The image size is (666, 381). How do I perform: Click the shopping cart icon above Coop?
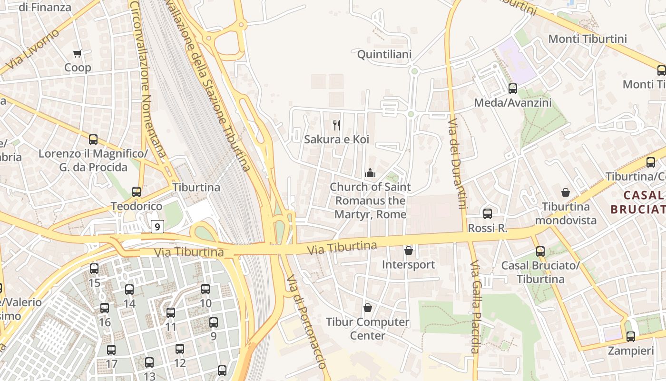[77, 53]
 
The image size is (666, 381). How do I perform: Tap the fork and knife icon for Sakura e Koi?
[337, 125]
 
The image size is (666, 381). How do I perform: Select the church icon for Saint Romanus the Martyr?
[370, 173]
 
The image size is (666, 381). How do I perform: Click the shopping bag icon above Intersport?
[408, 250]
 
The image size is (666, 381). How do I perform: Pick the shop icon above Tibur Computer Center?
[367, 308]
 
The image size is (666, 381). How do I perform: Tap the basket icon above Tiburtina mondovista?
[566, 192]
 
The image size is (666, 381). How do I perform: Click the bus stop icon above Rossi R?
[488, 214]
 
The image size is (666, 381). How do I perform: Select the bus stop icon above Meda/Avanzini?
[513, 88]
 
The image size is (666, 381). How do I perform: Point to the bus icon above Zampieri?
[631, 337]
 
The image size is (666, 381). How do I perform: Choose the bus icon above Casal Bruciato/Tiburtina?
[540, 251]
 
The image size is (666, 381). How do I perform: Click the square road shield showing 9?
[157, 227]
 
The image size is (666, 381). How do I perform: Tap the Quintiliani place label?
[384, 54]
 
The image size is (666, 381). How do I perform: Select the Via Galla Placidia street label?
[474, 307]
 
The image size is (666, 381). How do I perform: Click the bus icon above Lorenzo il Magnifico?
[93, 140]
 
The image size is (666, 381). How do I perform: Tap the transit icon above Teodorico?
[137, 192]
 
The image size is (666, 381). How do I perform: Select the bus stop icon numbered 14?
[129, 290]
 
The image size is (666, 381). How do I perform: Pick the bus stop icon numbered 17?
[111, 350]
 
